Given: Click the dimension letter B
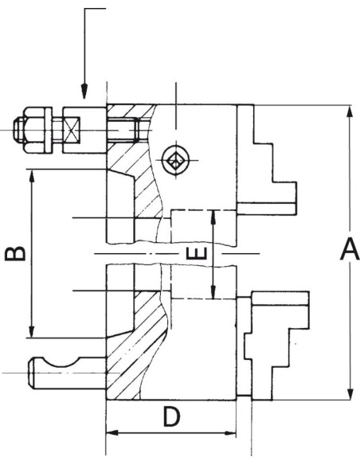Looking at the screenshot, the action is (x=15, y=253).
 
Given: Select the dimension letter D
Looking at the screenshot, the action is (x=172, y=416).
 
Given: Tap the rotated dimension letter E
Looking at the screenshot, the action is (x=196, y=253).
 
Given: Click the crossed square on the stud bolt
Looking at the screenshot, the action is (x=72, y=131).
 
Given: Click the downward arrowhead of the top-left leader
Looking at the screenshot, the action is (x=84, y=91).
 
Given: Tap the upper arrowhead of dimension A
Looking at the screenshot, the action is (x=350, y=115).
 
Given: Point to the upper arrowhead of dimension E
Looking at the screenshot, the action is (x=213, y=218).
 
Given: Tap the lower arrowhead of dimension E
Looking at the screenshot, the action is (x=213, y=291).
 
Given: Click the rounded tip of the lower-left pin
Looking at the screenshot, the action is (x=30, y=373).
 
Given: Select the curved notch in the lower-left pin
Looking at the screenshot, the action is (x=61, y=364).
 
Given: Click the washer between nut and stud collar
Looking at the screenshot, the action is (x=49, y=131).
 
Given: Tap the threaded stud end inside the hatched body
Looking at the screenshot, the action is (x=123, y=131).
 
